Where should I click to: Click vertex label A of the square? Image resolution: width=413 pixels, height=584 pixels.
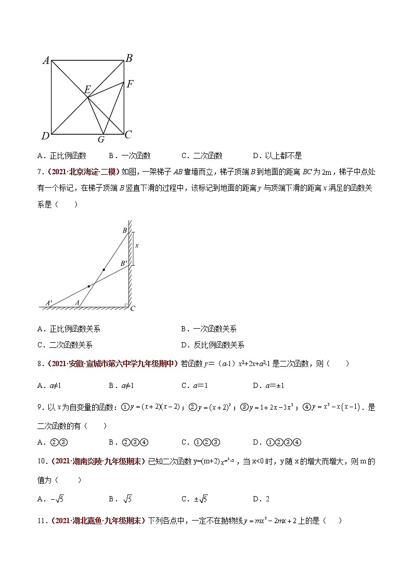tap(46, 61)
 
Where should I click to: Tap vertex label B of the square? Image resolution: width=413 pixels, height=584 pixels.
tap(129, 58)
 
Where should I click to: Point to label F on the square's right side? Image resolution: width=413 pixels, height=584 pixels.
tap(130, 83)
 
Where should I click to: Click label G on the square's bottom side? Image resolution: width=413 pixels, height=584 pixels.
tap(101, 139)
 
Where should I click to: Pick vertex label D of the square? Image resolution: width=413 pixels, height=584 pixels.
tap(45, 136)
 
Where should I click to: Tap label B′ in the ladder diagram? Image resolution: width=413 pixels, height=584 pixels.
tap(124, 264)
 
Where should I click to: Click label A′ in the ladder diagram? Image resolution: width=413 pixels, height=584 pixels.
tap(49, 302)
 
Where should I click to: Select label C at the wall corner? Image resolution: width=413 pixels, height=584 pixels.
tap(133, 308)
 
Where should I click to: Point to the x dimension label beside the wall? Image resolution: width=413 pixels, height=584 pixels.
tap(137, 245)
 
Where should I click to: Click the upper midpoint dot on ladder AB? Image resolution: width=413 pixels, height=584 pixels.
tap(104, 270)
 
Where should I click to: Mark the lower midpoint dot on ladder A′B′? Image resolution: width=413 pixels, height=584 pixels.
tap(89, 286)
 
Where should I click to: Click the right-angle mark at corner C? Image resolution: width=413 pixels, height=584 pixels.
tap(126, 305)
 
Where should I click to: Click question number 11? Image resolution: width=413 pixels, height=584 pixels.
tap(42, 520)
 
